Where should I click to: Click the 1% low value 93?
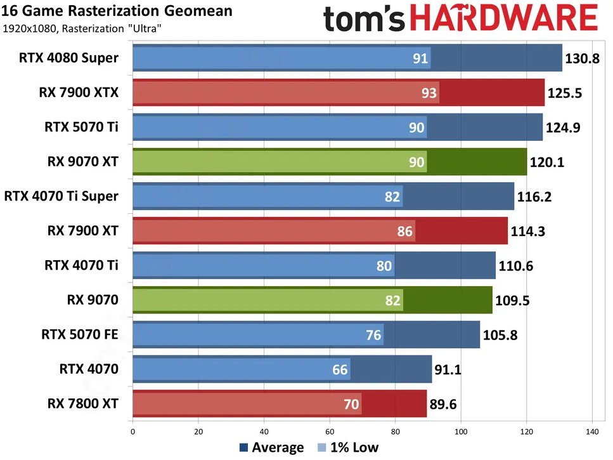tap(429, 93)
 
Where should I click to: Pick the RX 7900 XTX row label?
tap(79, 93)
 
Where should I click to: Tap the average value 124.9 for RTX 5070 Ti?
tap(564, 127)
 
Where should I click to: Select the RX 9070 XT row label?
tap(82, 161)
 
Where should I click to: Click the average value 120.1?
tap(548, 162)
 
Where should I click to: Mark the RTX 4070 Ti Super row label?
tap(61, 196)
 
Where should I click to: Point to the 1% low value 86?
tap(404, 231)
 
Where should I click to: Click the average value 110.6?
tap(517, 265)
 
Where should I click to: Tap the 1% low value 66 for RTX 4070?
tap(340, 369)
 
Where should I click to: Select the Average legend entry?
tap(272, 447)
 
